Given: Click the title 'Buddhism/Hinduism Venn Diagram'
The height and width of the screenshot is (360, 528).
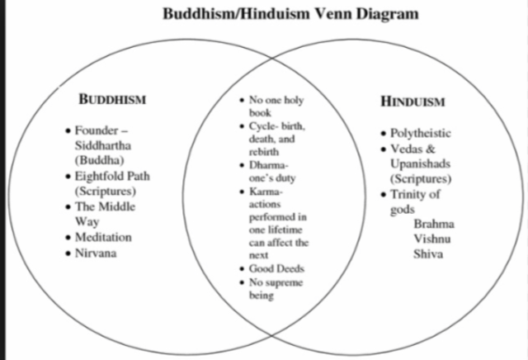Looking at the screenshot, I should tap(279, 14).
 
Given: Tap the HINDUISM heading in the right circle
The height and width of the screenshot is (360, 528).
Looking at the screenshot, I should tap(412, 102).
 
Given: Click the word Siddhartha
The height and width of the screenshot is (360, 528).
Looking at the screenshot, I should tap(103, 145).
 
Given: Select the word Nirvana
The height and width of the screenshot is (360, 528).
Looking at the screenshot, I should tap(96, 252).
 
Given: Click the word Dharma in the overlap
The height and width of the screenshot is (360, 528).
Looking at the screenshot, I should tap(266, 164).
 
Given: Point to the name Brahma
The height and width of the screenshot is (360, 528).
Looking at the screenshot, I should tap(433, 224).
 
